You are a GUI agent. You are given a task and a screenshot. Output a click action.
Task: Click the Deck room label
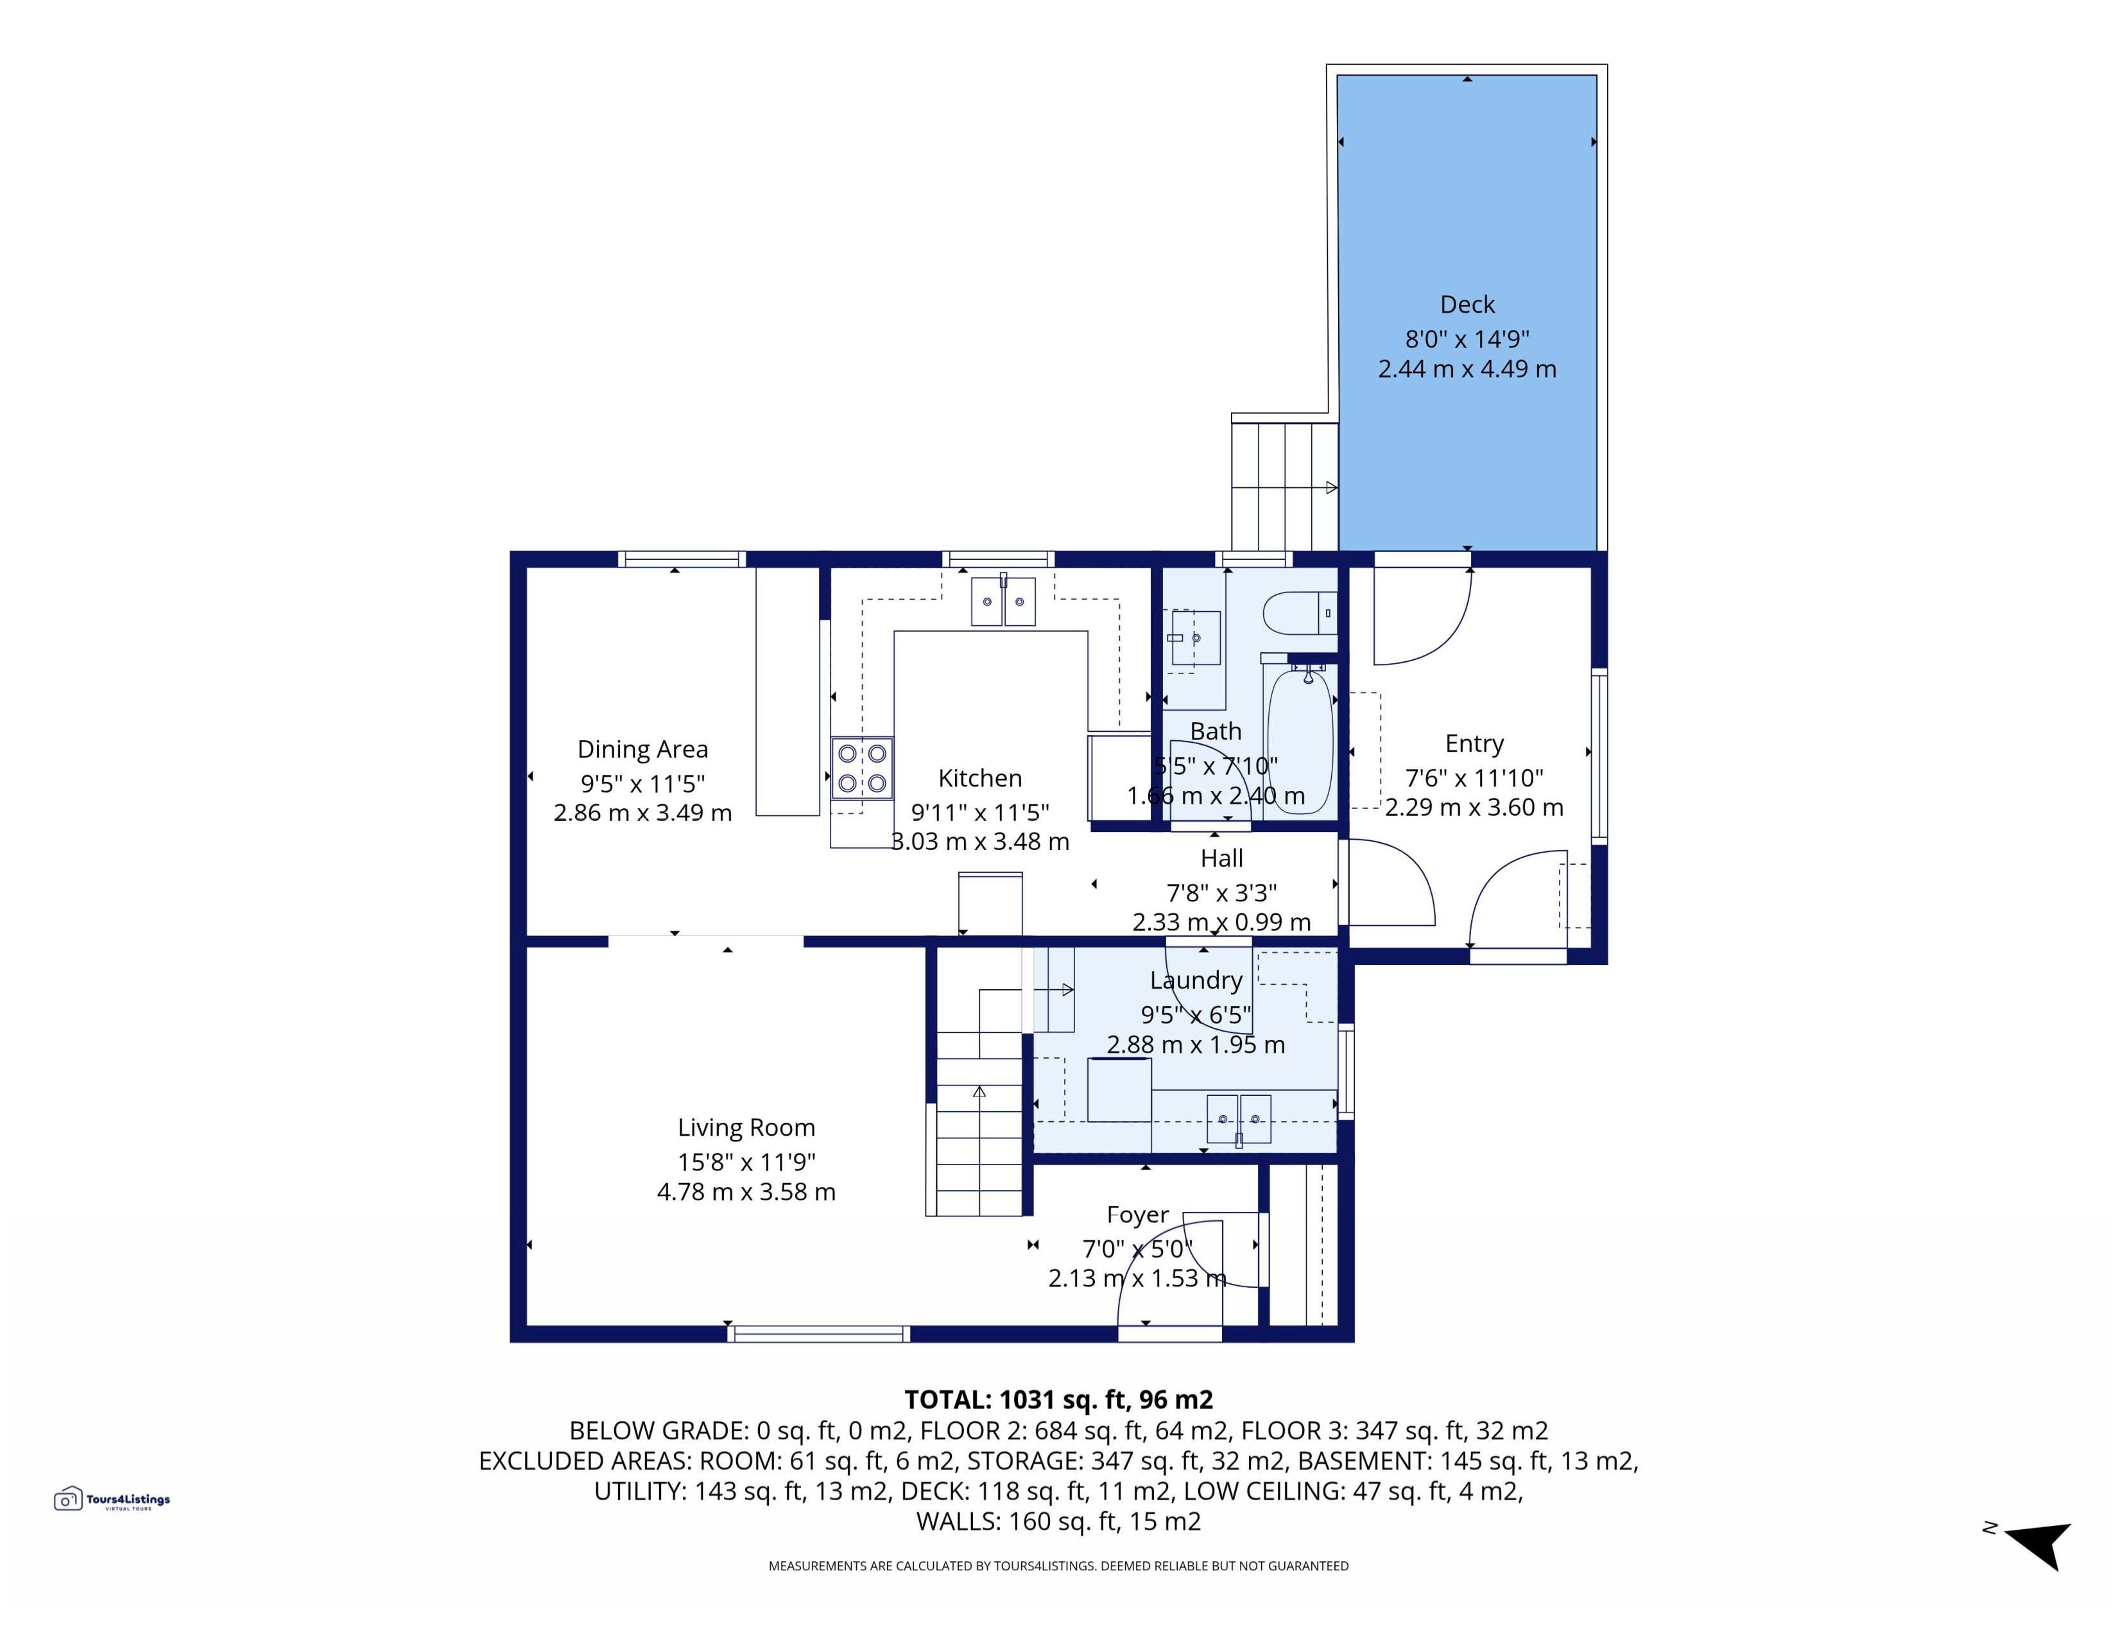(1467, 304)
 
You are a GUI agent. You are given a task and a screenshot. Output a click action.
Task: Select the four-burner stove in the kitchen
(862, 768)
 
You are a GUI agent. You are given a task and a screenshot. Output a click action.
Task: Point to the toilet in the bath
(1300, 613)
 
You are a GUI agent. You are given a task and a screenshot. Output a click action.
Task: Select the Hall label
(1221, 858)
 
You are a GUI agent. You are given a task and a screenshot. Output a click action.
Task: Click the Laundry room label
(1196, 980)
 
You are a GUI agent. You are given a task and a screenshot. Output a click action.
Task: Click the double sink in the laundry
(1239, 1119)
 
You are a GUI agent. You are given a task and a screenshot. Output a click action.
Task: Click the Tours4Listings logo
(112, 1499)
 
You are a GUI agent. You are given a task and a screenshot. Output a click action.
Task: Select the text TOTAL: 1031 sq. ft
(1017, 1399)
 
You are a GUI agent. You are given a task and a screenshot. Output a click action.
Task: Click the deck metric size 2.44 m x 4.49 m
(1467, 368)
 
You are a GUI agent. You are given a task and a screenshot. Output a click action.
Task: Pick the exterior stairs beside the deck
(1285, 484)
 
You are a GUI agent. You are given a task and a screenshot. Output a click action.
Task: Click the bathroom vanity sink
(1195, 637)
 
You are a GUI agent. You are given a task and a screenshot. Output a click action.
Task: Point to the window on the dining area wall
(682, 559)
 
